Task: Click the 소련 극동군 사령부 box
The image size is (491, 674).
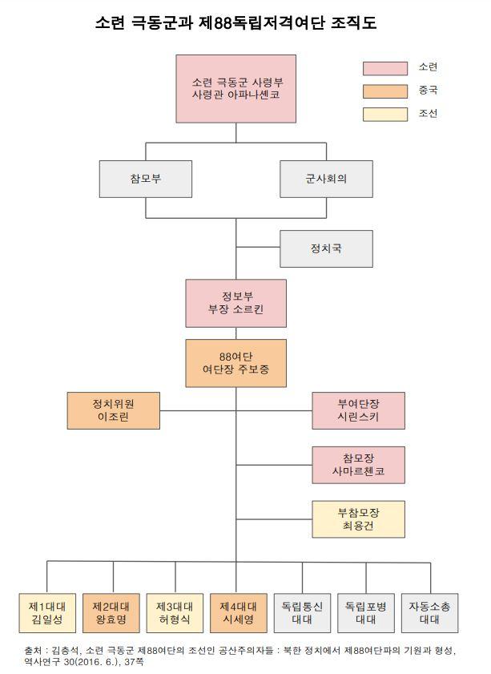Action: coord(236,88)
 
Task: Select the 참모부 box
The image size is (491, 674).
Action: coord(145,179)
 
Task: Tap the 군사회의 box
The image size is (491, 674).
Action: coord(326,179)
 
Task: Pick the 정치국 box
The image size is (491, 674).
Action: coord(326,248)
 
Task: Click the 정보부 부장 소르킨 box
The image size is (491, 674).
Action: coord(235,303)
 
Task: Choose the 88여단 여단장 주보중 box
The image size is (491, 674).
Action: coord(235,363)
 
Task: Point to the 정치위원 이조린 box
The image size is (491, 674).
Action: coord(113,410)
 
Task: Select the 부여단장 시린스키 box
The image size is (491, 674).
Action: coord(358,410)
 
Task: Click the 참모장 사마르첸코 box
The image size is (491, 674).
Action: coord(358,464)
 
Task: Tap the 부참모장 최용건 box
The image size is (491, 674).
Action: coord(358,519)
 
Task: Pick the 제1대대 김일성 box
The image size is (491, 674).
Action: coord(46,613)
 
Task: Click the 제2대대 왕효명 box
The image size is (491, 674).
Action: coord(113,613)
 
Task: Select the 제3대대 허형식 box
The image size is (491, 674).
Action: coord(174,613)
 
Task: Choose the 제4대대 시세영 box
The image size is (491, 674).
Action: coord(237,613)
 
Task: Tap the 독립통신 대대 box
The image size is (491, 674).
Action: coord(303,613)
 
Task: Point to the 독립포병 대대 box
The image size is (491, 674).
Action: coord(366,613)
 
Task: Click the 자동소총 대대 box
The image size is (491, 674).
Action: coord(430,613)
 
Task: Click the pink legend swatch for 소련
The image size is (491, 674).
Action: coord(384,68)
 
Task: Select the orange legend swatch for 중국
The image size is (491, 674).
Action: coord(384,91)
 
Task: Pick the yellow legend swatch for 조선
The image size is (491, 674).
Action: coord(384,114)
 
